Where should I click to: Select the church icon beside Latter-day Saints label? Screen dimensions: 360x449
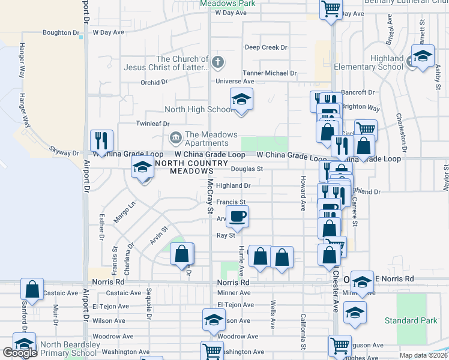click(217, 61)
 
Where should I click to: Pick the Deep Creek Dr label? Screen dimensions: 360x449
click(266, 47)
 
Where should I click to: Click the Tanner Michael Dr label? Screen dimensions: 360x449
click(270, 73)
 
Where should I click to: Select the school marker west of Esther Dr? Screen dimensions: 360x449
click(143, 167)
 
